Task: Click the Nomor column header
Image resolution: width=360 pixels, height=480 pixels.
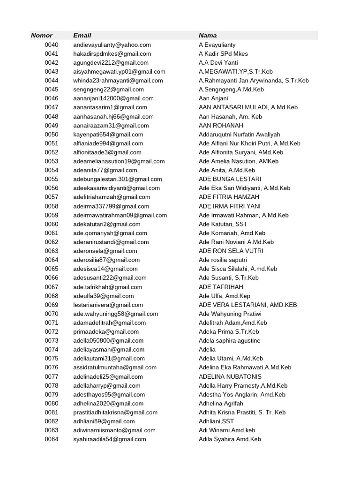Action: click(x=42, y=36)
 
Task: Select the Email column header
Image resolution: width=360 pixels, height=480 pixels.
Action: click(x=82, y=36)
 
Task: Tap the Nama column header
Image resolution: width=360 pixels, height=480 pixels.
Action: click(x=208, y=36)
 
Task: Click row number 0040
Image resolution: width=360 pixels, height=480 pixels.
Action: click(x=52, y=45)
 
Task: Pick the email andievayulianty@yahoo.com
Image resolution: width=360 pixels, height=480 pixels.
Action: click(x=112, y=45)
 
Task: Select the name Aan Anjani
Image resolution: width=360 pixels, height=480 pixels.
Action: click(x=213, y=98)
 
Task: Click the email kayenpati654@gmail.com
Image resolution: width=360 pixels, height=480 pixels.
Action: click(x=108, y=135)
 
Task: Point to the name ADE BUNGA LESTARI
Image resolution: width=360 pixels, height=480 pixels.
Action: click(x=230, y=179)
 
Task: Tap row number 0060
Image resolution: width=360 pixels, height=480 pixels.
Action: click(x=52, y=224)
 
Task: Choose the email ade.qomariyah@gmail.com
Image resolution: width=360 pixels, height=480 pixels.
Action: click(x=110, y=233)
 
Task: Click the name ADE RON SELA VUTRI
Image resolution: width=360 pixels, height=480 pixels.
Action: click(x=231, y=251)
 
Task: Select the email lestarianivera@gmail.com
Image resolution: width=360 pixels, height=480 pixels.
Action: click(x=108, y=305)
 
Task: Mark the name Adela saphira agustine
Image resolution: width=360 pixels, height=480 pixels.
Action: click(x=229, y=341)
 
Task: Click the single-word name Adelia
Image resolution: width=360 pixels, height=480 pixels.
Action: click(x=207, y=350)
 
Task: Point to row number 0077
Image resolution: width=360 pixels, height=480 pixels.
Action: click(x=52, y=376)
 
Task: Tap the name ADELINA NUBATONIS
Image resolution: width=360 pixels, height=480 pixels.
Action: click(x=230, y=376)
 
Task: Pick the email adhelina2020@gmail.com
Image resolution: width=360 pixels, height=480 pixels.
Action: click(x=109, y=404)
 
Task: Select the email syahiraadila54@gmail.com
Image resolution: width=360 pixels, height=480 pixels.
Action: click(x=110, y=439)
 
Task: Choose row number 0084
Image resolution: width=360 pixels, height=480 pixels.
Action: click(x=52, y=439)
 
